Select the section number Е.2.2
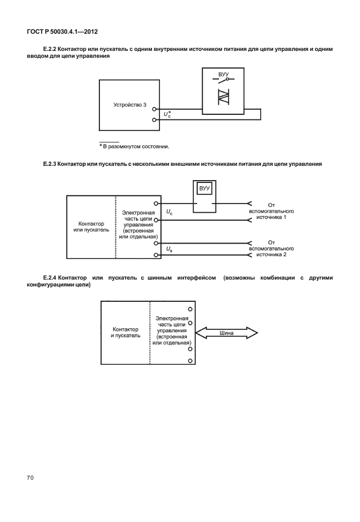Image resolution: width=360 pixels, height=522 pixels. coord(53,50)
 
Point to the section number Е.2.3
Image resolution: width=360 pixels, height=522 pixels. coord(53,164)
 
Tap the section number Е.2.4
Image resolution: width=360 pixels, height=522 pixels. coord(53,278)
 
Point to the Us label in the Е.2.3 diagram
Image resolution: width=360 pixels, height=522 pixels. coord(169,249)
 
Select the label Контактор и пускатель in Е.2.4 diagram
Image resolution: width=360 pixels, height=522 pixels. coord(126,333)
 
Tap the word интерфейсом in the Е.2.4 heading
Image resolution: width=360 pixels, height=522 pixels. coord(197,278)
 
